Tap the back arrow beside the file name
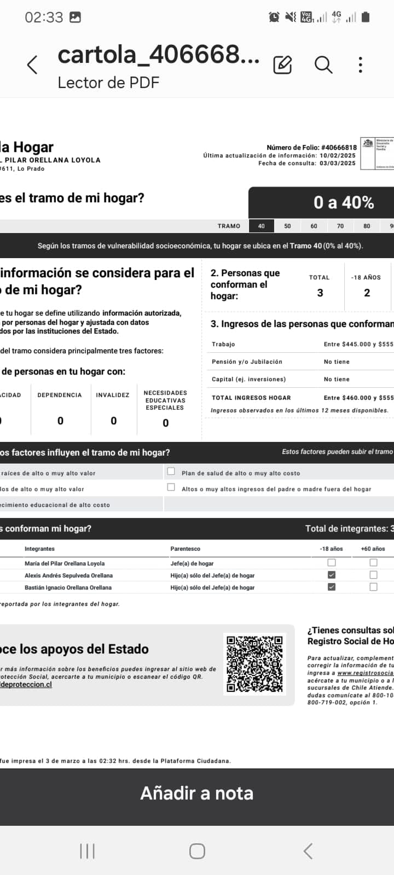pos(32,65)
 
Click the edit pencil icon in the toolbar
pos(282,65)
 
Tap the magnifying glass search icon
pos(323,65)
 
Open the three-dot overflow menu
pos(360,65)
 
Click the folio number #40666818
pos(339,147)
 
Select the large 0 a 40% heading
pos(343,203)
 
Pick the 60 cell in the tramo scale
pos(314,226)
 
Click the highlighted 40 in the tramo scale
pos(262,226)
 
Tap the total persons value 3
pos(320,293)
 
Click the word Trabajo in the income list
pos(223,344)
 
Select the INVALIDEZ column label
pos(113,395)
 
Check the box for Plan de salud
pos(171,471)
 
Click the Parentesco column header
pos(185,549)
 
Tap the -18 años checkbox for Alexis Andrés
pos(332,575)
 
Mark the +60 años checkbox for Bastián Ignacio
pos(373,587)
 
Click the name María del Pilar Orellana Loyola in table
pos(65,563)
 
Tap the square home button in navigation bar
pos(197,851)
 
